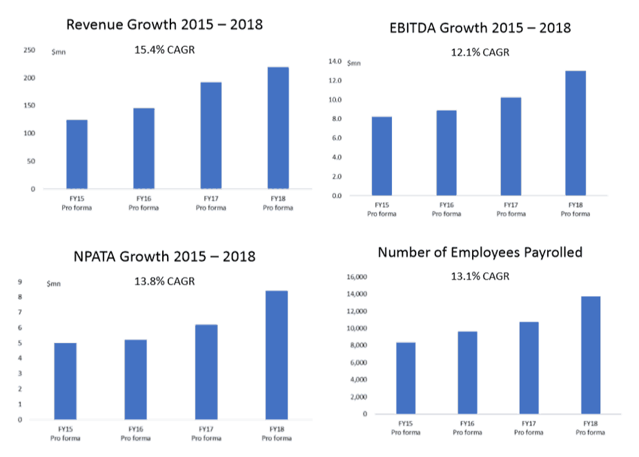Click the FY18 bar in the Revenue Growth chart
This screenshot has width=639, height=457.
pos(278,128)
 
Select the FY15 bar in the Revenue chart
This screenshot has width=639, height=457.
pos(77,154)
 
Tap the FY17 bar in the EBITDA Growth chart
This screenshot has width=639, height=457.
pos(511,146)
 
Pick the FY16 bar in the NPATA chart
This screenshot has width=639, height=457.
pos(135,379)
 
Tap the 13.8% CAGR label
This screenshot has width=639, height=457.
pos(164,281)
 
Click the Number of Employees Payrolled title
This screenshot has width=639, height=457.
pos(480,252)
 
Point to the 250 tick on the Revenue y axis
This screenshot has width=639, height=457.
pos(29,50)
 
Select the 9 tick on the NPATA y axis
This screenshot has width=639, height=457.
pos(20,282)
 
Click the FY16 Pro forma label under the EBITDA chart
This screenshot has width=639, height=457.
pos(446,209)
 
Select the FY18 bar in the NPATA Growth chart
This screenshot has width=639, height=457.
pos(276,355)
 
